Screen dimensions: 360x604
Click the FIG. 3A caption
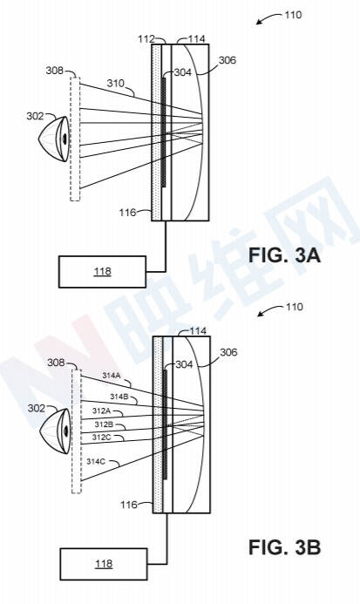(x=284, y=255)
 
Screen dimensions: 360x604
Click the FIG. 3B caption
(x=284, y=547)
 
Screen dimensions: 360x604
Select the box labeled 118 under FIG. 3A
(x=102, y=272)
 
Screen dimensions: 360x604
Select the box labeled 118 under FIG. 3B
(x=104, y=564)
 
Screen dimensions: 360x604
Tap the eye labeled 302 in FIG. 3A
(x=55, y=139)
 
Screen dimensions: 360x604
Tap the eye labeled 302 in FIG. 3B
(x=57, y=431)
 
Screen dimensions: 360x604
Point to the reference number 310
(x=116, y=83)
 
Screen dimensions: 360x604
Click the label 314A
(x=111, y=375)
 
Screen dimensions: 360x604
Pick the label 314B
(x=119, y=397)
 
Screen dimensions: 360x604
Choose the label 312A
(x=101, y=411)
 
